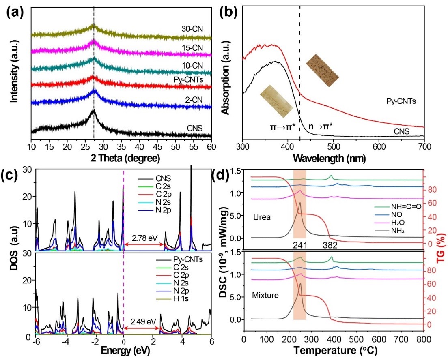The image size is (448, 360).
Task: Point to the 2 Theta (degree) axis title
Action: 121,157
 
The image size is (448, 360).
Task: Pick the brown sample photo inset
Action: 322,66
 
